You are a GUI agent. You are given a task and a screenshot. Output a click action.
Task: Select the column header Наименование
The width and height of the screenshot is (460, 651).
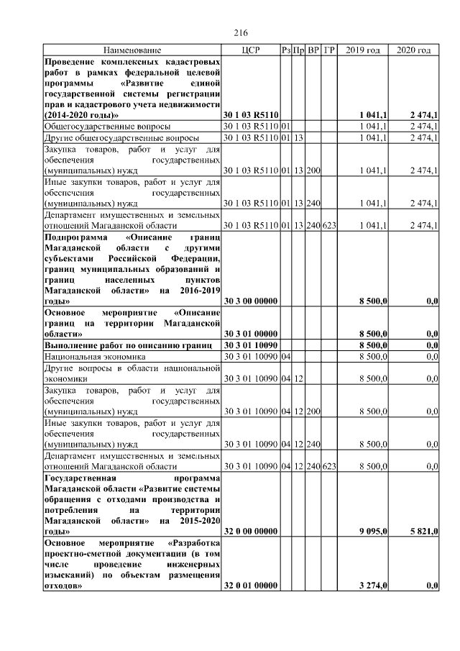click(132, 50)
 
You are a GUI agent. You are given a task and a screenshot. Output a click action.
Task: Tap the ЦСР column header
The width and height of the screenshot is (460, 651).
click(251, 50)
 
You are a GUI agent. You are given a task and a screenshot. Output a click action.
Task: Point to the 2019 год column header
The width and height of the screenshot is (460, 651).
click(363, 50)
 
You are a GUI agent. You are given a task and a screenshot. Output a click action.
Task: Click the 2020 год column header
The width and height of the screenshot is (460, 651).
click(413, 50)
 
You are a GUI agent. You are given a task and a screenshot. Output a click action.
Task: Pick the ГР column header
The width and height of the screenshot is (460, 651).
click(330, 50)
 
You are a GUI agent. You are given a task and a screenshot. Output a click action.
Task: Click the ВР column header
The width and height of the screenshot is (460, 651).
click(314, 50)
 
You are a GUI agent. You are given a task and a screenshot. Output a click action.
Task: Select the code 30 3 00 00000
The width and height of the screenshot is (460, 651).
click(251, 301)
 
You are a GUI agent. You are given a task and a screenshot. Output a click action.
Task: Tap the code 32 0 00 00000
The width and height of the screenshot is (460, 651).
click(251, 531)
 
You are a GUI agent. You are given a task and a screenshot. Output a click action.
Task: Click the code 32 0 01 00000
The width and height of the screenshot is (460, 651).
click(251, 587)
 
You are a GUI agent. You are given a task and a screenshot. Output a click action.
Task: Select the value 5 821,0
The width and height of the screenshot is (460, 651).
click(424, 531)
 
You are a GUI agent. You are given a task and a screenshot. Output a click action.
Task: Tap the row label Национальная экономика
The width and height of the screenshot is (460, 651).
click(95, 356)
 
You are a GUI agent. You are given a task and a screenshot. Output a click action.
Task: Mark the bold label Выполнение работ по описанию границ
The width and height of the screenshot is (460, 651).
click(127, 345)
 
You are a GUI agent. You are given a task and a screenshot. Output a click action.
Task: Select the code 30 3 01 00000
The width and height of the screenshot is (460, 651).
click(251, 334)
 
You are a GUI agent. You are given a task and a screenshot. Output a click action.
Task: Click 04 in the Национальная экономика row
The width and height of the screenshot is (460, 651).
click(285, 356)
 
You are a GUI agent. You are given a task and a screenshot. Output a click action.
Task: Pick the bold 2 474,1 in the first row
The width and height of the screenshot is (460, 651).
click(424, 115)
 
